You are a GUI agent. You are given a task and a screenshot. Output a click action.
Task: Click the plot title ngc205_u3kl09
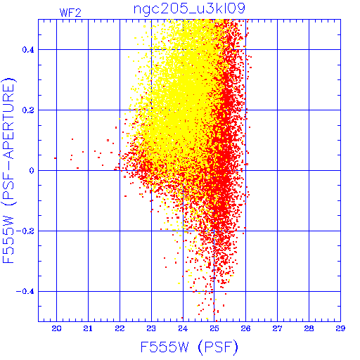coord(189,9)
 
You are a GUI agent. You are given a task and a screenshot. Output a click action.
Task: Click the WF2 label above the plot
coord(70,13)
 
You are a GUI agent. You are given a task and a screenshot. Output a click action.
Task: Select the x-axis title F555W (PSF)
coord(189,347)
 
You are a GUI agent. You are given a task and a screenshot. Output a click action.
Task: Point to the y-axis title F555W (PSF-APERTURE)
coord(8,171)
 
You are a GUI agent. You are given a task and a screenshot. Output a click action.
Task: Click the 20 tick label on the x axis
coord(56,328)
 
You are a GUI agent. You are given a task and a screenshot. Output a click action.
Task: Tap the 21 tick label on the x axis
coord(88,328)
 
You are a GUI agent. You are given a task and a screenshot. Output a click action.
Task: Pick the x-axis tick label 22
coord(120,328)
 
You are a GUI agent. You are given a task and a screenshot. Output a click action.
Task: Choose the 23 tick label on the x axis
coord(151,328)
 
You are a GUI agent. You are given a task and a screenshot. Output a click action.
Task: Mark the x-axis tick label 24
coord(183,328)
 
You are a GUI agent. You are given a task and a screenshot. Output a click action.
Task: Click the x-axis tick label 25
coord(214,328)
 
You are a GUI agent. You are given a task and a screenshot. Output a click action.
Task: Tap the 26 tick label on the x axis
coord(245,328)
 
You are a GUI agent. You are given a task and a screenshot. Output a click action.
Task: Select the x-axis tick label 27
coord(277,328)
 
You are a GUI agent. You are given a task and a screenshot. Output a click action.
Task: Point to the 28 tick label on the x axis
coord(309,328)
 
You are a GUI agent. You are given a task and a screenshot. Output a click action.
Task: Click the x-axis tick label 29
coord(340,328)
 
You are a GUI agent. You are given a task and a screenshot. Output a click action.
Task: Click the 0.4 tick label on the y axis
coord(28,50)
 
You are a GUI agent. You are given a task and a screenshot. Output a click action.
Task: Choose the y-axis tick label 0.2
coord(28,110)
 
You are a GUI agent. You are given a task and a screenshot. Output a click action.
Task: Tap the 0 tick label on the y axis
coord(32,171)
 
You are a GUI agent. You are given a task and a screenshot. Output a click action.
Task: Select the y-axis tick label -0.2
coord(25,231)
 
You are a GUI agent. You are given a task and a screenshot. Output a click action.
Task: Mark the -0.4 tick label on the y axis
coord(25,292)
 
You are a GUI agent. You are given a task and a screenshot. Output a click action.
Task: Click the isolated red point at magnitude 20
coord(55,158)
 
